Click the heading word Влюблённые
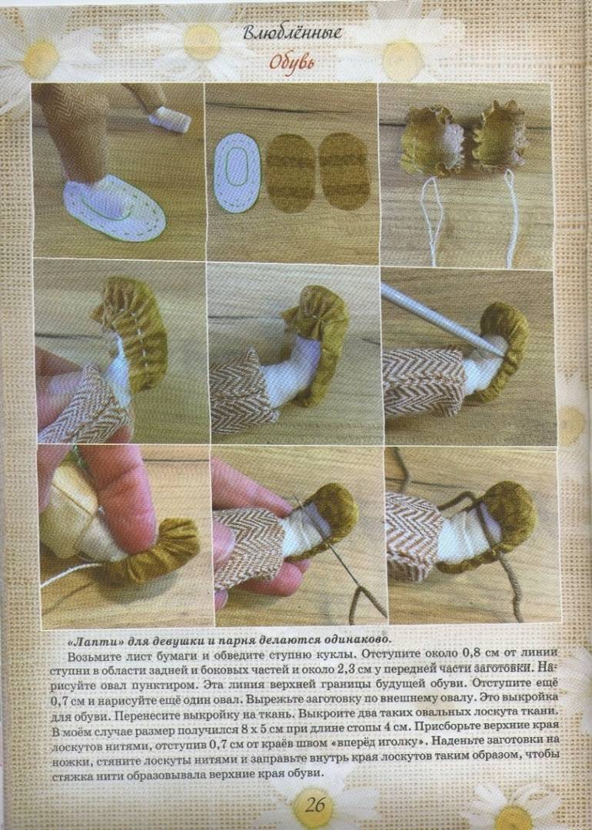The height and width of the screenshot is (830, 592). (x=292, y=33)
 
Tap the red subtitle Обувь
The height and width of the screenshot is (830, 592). (x=291, y=63)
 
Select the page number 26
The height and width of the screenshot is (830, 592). (x=314, y=805)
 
